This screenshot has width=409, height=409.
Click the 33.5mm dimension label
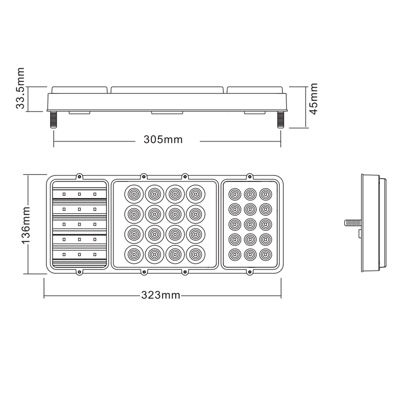(x=20, y=88)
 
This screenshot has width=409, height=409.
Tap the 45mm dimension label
(x=313, y=99)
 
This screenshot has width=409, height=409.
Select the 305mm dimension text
(x=163, y=140)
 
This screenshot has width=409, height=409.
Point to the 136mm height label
(x=26, y=225)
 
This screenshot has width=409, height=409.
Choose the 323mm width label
(x=161, y=295)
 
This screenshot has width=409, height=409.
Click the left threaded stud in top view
(x=54, y=120)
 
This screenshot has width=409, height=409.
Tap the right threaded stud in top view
(x=281, y=120)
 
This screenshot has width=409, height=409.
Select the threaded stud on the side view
(x=353, y=223)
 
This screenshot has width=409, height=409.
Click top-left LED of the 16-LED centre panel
(x=134, y=194)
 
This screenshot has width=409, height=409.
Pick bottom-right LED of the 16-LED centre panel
(x=196, y=254)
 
